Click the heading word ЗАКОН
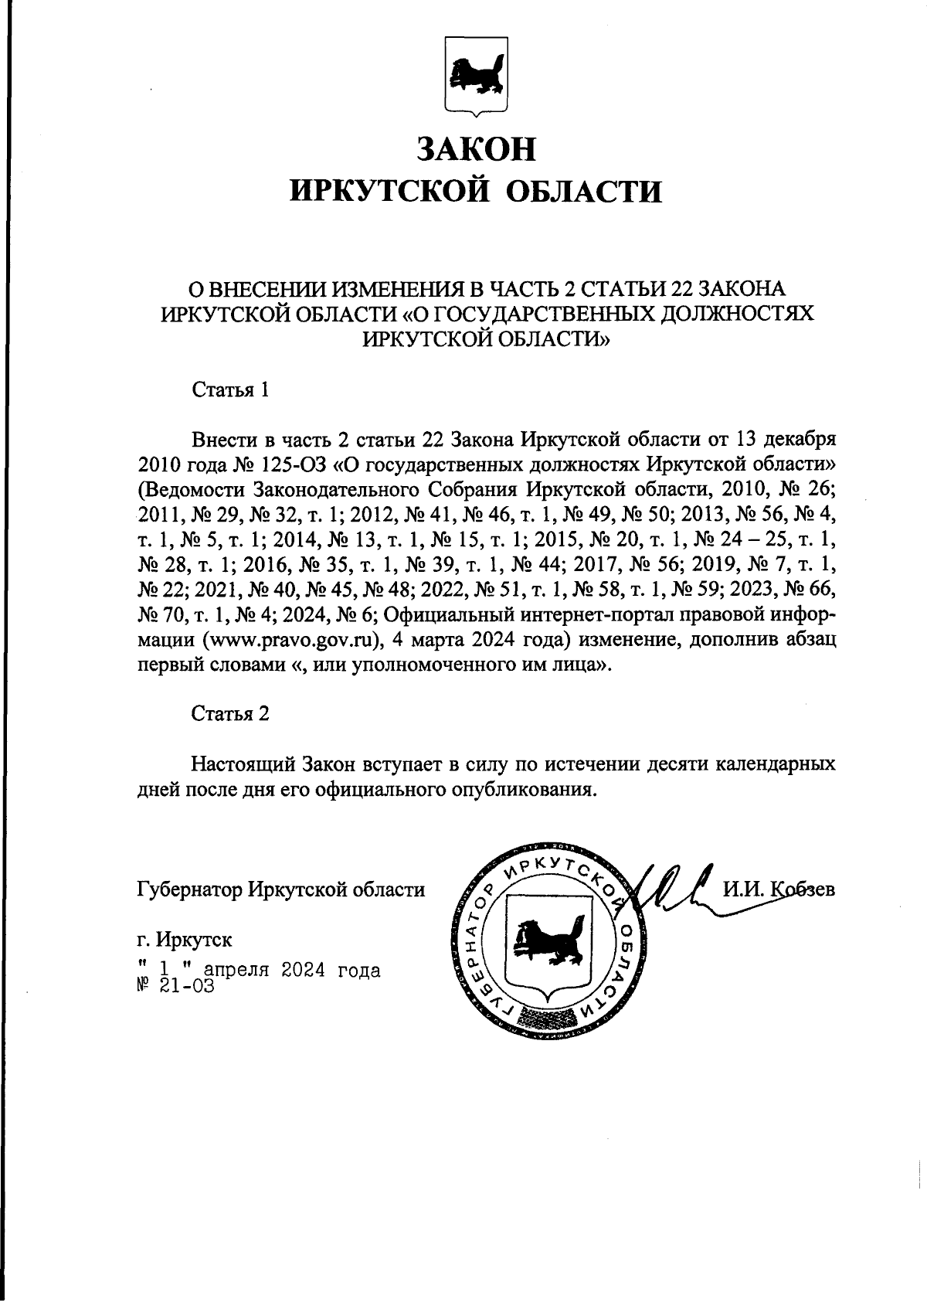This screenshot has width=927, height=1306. pyautogui.click(x=476, y=148)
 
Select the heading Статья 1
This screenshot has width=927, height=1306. pyautogui.click(x=230, y=389)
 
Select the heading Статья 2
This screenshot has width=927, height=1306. pyautogui.click(x=230, y=713)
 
